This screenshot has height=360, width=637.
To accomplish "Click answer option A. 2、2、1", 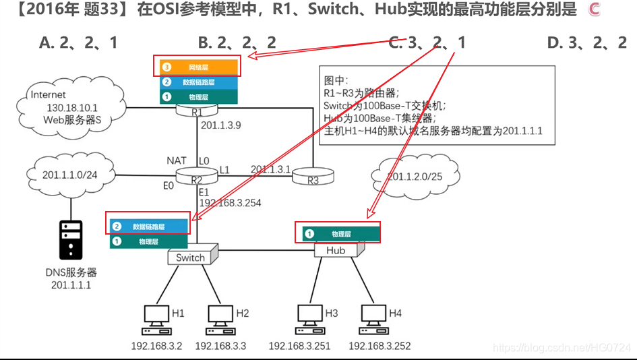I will [x=78, y=43].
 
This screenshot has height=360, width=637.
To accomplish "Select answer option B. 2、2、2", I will [x=237, y=43].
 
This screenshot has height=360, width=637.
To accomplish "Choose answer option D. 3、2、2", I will [x=587, y=43].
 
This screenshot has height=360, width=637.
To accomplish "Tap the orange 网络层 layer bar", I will [x=199, y=67].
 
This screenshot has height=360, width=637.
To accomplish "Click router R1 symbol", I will [x=196, y=111].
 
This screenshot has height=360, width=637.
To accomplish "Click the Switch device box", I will [x=191, y=257].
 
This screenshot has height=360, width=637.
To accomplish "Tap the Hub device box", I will [x=336, y=250].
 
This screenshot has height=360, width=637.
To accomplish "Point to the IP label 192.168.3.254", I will [x=230, y=202].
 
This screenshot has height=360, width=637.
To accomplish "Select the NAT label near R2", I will [x=177, y=160].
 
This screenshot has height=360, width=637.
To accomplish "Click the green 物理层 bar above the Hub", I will [x=340, y=234].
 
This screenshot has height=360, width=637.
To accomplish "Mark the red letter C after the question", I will [x=593, y=9].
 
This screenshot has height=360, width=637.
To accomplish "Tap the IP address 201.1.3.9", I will [x=220, y=125].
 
